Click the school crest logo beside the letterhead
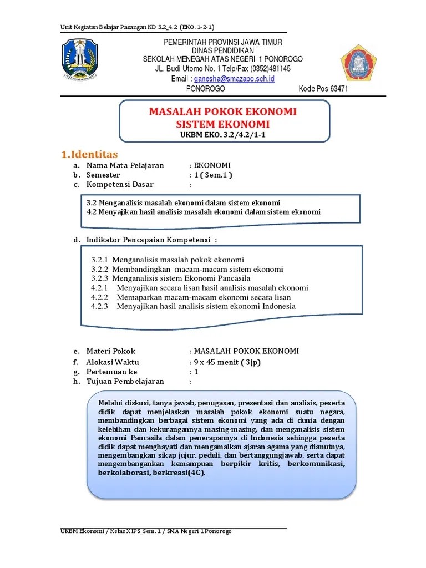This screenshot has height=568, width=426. pos(358,62)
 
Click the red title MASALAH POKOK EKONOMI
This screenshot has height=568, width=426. pos(222,111)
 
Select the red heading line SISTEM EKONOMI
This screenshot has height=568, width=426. pos(222,124)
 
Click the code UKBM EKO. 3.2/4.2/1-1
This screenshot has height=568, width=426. pos(223,135)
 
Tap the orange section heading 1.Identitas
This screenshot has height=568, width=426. pos(89,154)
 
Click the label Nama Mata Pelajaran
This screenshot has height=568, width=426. pos(125,165)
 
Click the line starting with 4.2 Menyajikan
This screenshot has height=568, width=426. pos(204,212)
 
